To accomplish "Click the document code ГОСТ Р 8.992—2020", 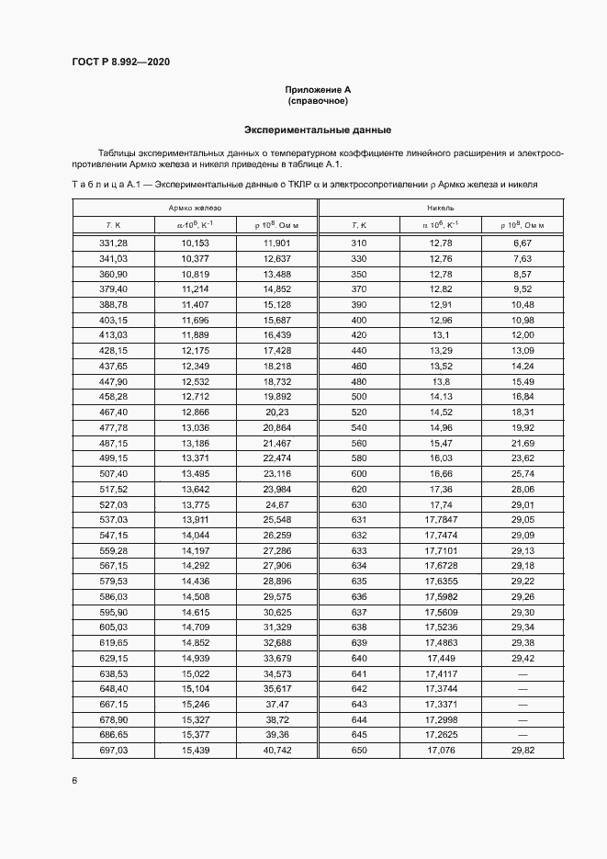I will tap(120, 62).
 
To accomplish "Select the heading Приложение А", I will tap(318, 89).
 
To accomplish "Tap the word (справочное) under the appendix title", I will tap(318, 101).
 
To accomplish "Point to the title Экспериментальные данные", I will tap(318, 130).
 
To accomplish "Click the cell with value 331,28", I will tap(113, 243).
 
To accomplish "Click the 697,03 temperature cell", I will tap(113, 751).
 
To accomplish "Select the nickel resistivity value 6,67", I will tap(523, 243).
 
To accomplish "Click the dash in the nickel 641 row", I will tap(523, 673).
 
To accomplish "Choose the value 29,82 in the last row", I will tap(523, 751).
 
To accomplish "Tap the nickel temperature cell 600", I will tap(358, 473).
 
